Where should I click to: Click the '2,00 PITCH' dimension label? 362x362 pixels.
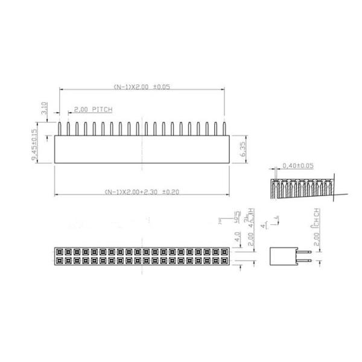pos(93,110)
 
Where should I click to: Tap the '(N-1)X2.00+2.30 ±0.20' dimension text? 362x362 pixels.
pos(142,192)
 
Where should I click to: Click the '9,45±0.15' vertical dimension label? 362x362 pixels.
pos(34,145)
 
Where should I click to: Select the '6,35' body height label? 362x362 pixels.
pos(241,148)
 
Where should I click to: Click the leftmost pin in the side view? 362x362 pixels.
pos(60,129)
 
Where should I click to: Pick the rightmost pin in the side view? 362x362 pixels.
pos(224,129)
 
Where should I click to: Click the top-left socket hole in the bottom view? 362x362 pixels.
pos(59,251)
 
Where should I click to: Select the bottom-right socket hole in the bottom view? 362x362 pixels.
pos(226,260)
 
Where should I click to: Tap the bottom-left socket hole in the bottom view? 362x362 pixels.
pos(59,260)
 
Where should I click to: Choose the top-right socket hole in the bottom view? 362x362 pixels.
pos(226,251)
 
